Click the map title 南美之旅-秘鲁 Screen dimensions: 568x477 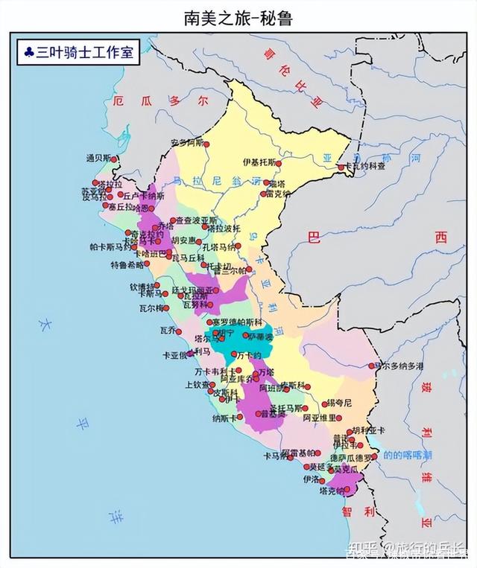click(238, 19)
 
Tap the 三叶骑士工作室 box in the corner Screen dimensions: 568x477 click(79, 52)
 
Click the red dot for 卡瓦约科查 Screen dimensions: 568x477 click(341, 167)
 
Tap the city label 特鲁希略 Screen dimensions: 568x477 click(129, 264)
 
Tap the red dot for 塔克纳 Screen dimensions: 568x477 click(349, 491)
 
